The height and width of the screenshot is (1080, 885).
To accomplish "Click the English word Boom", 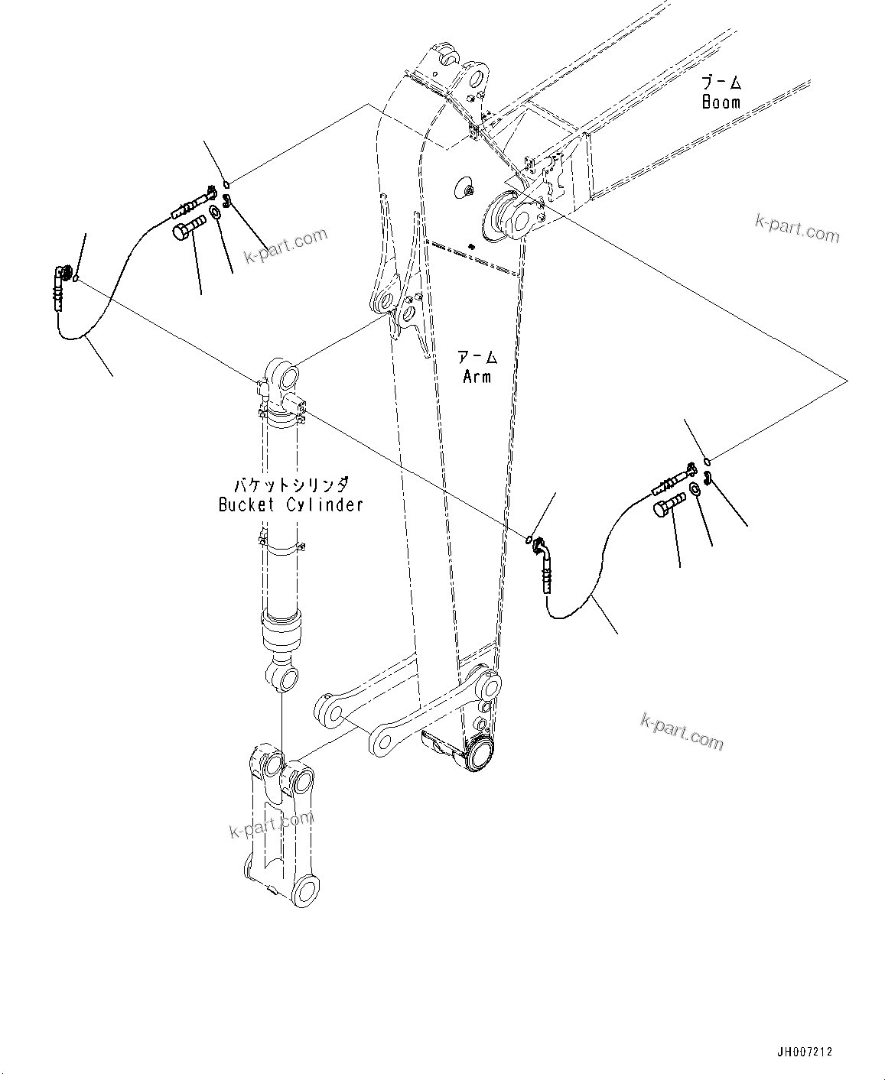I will [x=721, y=102].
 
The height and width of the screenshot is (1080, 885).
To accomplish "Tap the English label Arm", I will [x=477, y=376].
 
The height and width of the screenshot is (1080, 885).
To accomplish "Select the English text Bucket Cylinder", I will [x=291, y=504].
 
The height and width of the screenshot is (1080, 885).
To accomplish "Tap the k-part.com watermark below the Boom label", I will [x=796, y=228].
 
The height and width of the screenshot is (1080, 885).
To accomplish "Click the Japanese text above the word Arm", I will [x=477, y=357].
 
